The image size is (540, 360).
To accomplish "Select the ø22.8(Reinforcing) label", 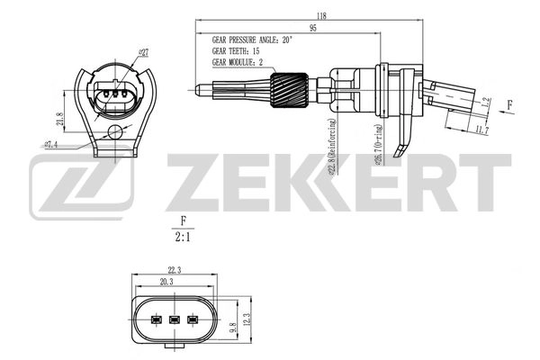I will (x=334, y=144).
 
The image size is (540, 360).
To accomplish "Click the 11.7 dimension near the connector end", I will (x=481, y=130).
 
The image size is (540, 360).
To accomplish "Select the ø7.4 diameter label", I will (x=50, y=143).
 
